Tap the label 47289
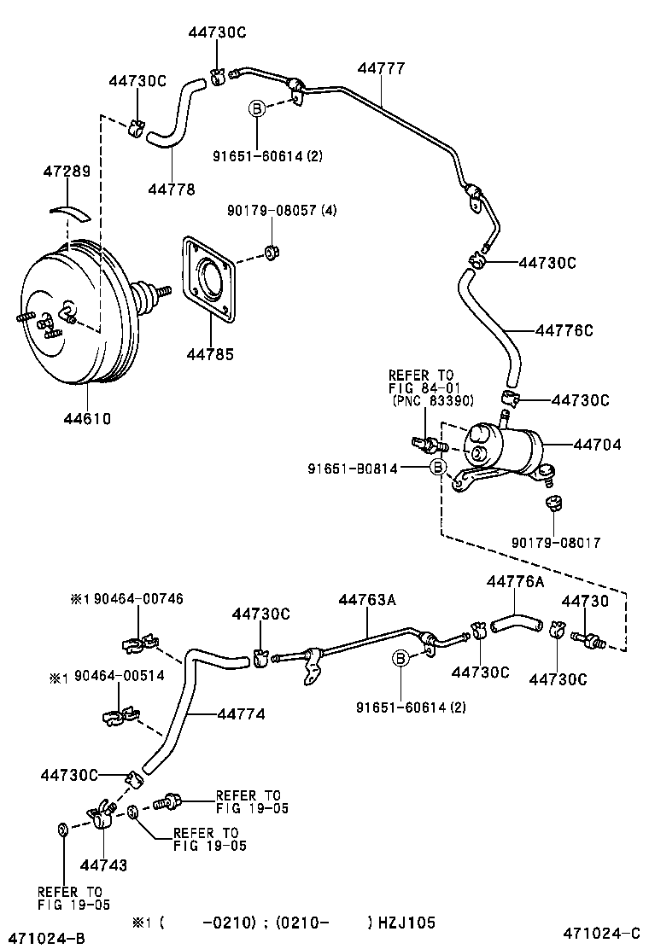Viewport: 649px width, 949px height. [66, 172]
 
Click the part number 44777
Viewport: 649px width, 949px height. [381, 68]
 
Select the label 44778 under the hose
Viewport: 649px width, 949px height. [171, 189]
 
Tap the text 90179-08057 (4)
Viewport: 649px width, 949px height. [281, 210]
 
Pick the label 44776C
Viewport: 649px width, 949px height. [564, 330]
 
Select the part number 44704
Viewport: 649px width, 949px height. [597, 445]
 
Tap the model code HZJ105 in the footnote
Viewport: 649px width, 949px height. [405, 923]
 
